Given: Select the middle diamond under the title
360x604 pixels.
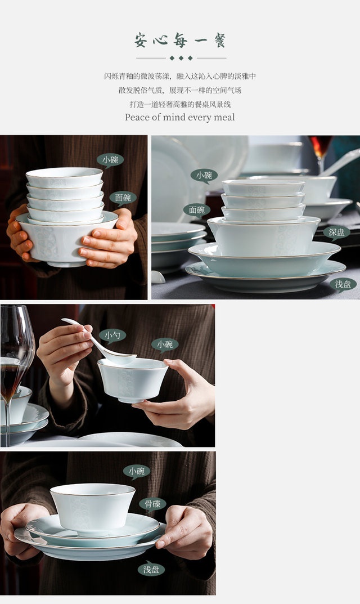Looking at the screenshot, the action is (181, 58).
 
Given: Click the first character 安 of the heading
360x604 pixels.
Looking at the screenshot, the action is (141, 41).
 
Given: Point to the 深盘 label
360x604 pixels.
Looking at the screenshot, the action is (336, 232).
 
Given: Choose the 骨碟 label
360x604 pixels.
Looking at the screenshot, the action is (152, 504).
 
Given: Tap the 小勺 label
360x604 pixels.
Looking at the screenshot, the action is (112, 335).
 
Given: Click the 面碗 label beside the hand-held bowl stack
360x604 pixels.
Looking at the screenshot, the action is (123, 198).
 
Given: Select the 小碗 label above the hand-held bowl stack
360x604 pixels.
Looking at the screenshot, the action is (110, 160).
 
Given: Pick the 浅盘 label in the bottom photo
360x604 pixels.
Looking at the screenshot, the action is (151, 569).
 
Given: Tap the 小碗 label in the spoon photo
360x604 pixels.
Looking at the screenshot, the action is (165, 344).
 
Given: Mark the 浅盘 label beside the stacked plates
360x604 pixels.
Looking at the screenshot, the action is (343, 285).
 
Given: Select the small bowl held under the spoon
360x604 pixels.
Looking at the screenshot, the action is (132, 380).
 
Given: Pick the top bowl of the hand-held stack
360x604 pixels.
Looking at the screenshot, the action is (64, 177).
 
